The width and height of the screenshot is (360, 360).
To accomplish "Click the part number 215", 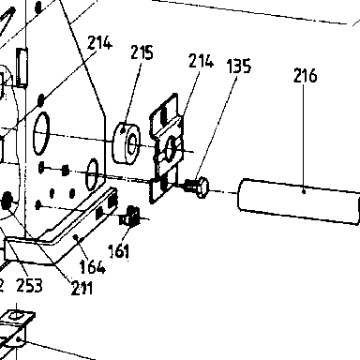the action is click(x=142, y=52).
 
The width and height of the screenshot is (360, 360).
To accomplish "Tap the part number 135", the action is click(x=239, y=66).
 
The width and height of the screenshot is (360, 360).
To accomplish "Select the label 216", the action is click(x=305, y=75).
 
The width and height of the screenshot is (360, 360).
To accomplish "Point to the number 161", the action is click(x=118, y=251).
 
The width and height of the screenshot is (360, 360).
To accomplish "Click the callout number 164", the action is click(x=92, y=266).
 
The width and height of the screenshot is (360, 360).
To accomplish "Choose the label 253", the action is click(x=29, y=285).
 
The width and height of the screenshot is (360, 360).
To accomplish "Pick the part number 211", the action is click(x=82, y=288).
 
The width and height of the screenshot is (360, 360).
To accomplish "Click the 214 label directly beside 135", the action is click(x=202, y=61).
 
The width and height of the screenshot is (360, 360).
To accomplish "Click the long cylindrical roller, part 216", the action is click(x=299, y=202).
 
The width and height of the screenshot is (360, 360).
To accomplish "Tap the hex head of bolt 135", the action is click(x=202, y=187).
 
